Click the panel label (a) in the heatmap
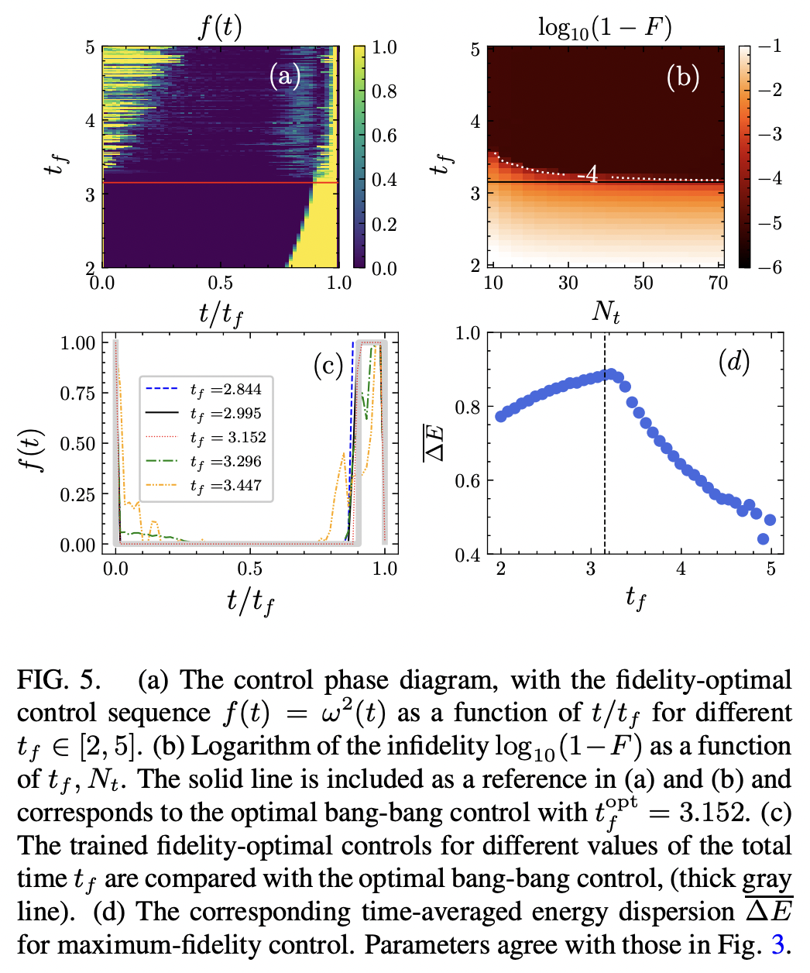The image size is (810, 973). pos(284,76)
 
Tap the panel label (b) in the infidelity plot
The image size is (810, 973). pos(683,77)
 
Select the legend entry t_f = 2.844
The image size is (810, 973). pos(226,390)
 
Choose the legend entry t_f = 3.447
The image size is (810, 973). pos(226,486)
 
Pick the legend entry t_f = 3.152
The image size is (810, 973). pos(226,438)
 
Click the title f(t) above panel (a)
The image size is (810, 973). pos(220,28)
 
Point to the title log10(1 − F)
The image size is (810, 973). pos(605,29)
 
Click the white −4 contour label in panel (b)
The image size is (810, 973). pos(589,175)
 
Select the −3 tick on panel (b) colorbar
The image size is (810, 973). pos(770,135)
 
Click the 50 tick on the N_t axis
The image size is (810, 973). pos(643,283)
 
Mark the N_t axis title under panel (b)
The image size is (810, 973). pos(606,311)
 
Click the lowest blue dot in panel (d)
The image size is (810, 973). pos(763,539)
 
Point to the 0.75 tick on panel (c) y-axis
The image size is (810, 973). pos(77,394)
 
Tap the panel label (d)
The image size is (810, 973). pos(733,362)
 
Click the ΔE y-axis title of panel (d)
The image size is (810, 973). pos(437,442)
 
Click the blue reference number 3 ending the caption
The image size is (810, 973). pos(777,945)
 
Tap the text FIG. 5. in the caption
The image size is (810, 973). pos(59,680)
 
